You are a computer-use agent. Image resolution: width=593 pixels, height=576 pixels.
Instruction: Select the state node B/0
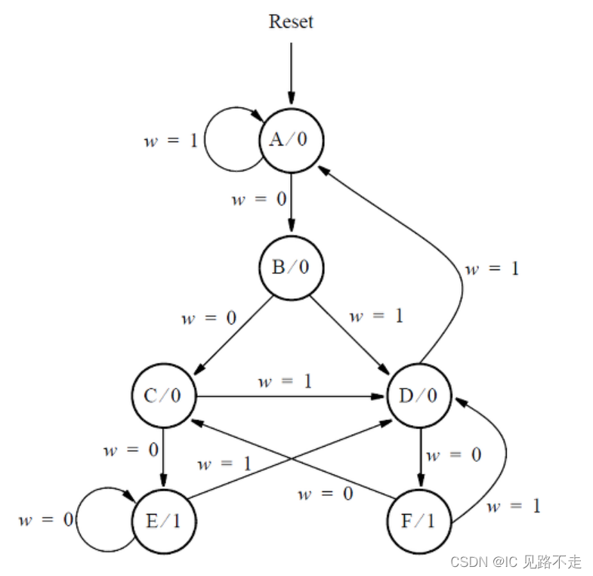291,267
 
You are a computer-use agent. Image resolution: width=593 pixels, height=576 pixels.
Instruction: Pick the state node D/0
418,396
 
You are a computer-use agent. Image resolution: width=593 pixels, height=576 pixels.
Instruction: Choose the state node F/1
418,522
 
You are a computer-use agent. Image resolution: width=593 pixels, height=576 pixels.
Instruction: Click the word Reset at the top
291,22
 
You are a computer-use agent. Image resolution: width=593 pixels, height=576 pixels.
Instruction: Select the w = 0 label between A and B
259,200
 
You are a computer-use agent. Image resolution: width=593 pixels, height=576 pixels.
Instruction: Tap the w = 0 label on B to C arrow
208,318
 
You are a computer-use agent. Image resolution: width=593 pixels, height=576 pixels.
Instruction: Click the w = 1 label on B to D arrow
376,316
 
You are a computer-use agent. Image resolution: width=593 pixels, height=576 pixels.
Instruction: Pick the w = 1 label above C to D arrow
285,381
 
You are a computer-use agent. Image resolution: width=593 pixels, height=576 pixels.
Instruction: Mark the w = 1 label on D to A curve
492,269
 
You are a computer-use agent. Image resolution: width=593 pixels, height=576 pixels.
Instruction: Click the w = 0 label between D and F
453,455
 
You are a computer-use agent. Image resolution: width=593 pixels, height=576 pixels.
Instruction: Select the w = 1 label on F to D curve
514,506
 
